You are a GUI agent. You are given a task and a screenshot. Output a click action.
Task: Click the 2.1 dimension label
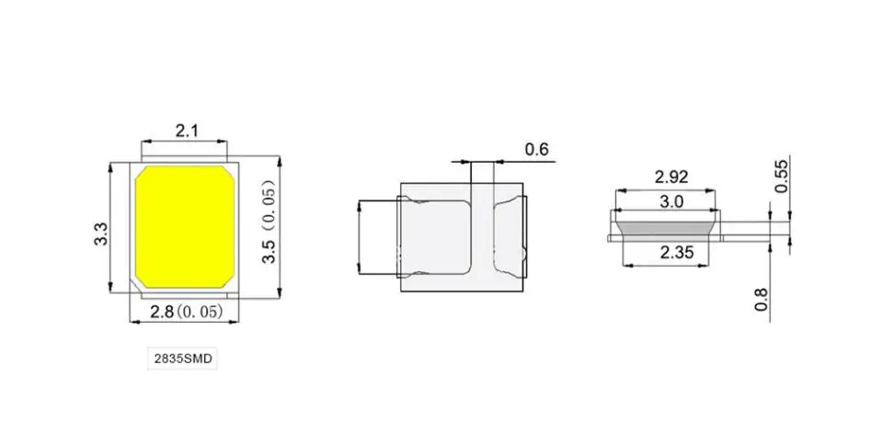pos(186,131)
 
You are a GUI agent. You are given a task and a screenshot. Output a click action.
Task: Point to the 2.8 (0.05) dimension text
pos(186,312)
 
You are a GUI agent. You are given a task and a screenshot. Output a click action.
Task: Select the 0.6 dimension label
pos(536,149)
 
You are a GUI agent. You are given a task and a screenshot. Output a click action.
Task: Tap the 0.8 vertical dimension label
pos(761,300)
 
